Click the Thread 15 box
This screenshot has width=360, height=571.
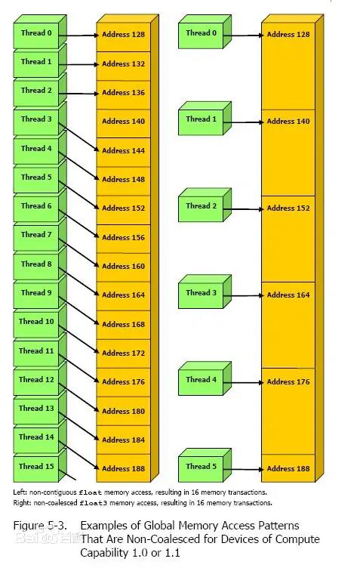36,466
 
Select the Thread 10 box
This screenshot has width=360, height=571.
36,323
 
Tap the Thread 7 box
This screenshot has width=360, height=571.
36,236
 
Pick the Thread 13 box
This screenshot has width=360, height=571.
36,409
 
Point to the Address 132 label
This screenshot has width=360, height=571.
123,64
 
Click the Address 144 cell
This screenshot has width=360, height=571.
123,150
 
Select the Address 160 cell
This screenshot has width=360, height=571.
123,266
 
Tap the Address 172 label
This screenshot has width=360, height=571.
123,353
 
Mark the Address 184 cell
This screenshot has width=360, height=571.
123,440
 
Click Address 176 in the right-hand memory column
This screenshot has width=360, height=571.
288,382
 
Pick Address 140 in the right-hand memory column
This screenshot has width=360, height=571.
288,121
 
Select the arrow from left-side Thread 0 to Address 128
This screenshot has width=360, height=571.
78,35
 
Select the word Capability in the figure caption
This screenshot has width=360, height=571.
104,552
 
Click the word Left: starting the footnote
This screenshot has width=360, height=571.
20,492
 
